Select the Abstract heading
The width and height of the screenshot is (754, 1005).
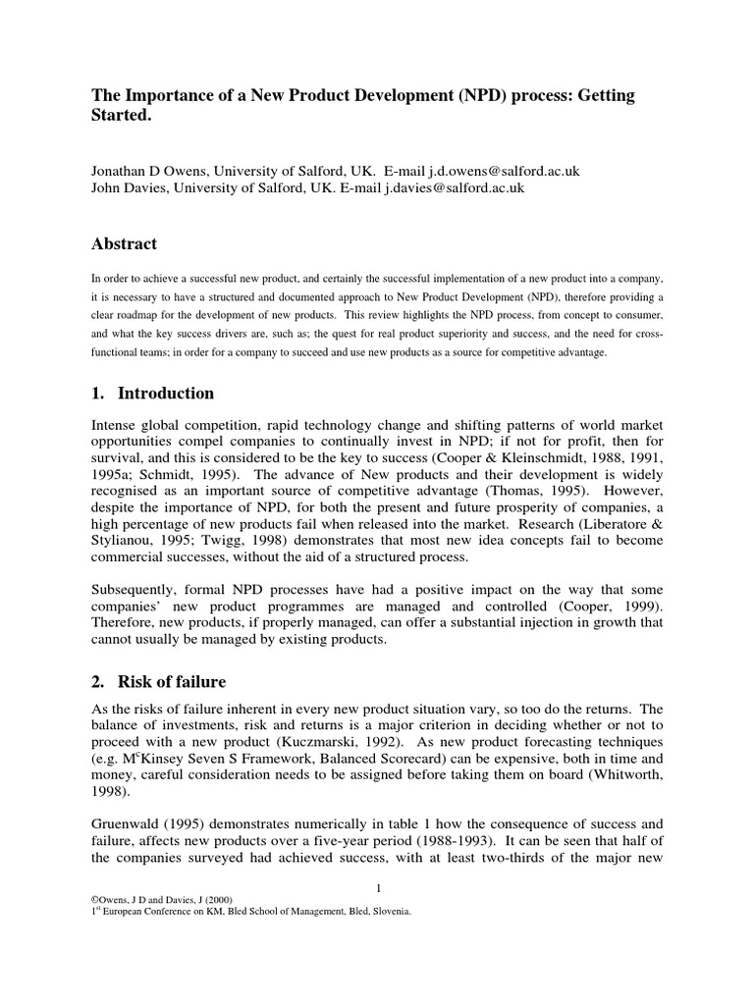pyautogui.click(x=124, y=243)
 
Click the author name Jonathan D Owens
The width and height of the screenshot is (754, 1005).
pyautogui.click(x=148, y=171)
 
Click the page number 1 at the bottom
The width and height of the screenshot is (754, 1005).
pyautogui.click(x=377, y=889)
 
